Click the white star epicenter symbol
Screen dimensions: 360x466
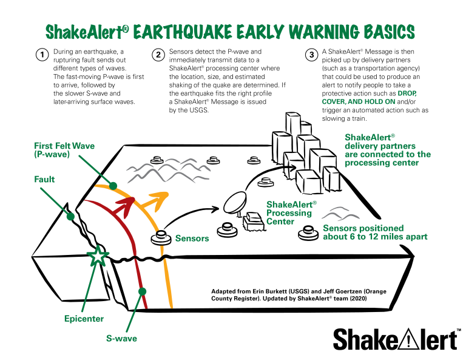click(98, 256)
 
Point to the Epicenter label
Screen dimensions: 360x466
click(84, 319)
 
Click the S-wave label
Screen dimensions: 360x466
click(121, 338)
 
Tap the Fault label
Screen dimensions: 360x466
click(45, 180)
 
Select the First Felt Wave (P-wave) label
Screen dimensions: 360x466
click(64, 150)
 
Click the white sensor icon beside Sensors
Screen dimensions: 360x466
click(161, 238)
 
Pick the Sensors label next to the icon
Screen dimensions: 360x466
click(192, 239)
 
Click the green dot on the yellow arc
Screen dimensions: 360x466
click(113, 186)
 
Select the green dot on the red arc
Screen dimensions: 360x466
click(142, 291)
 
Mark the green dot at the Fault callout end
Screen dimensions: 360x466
click(70, 216)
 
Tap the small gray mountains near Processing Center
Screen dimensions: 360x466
click(340, 214)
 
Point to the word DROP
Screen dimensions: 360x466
click(407, 93)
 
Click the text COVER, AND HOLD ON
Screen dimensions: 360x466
click(358, 102)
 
